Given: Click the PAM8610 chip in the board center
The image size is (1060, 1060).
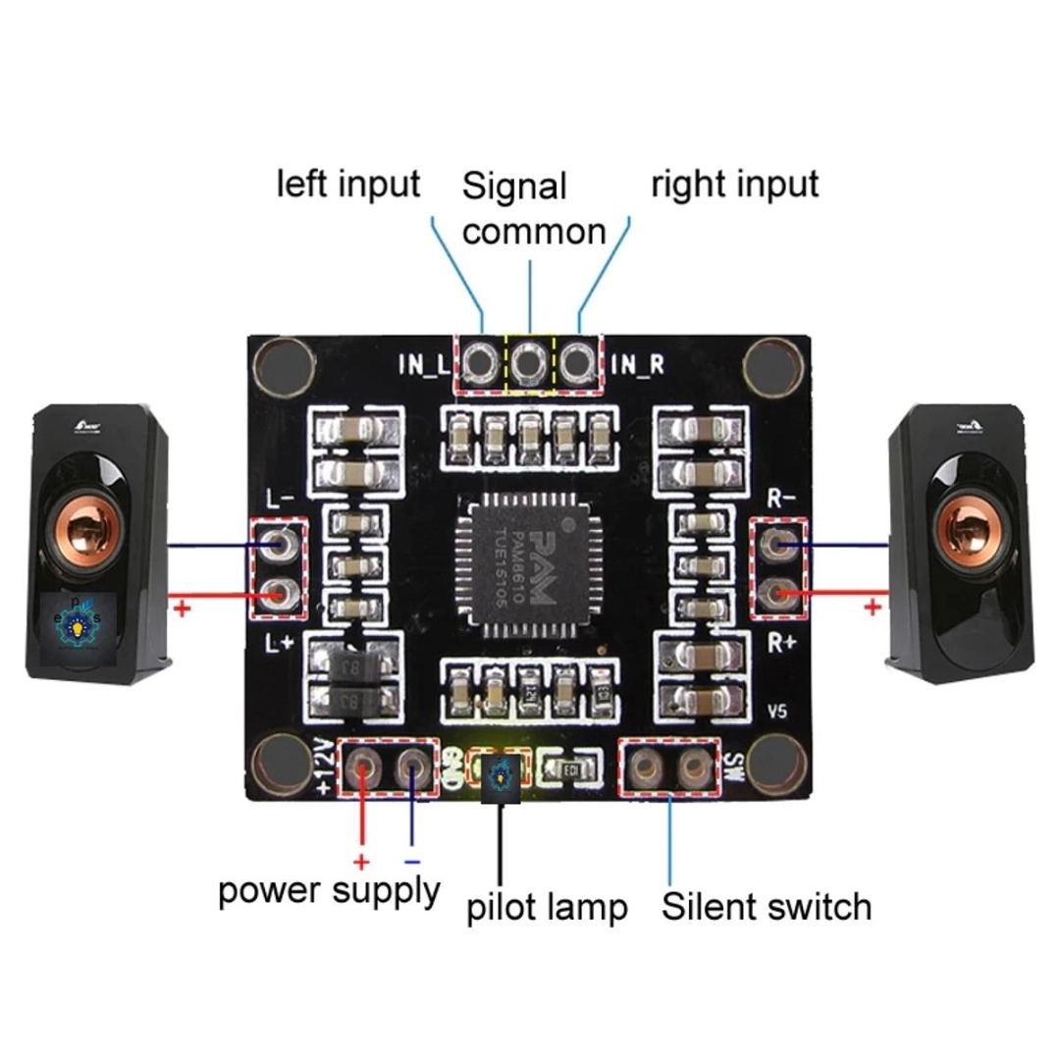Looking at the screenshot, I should click(530, 566).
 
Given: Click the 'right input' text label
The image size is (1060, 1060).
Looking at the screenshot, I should click(734, 184).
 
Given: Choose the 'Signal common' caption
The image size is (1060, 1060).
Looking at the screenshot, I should click(533, 208).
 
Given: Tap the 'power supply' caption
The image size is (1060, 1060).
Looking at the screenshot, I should click(329, 891).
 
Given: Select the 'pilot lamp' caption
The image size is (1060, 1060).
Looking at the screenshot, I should click(547, 908).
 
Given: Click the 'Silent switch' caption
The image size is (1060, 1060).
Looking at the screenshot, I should click(767, 906).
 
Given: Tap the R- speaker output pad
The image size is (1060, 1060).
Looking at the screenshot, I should click(780, 543).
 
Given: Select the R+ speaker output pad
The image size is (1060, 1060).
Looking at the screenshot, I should click(780, 592).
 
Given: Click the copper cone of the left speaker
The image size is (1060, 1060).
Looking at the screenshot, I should click(96, 518).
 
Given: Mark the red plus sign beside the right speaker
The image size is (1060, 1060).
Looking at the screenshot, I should click(871, 608).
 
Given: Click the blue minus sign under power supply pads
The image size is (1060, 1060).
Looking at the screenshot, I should click(411, 862).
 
